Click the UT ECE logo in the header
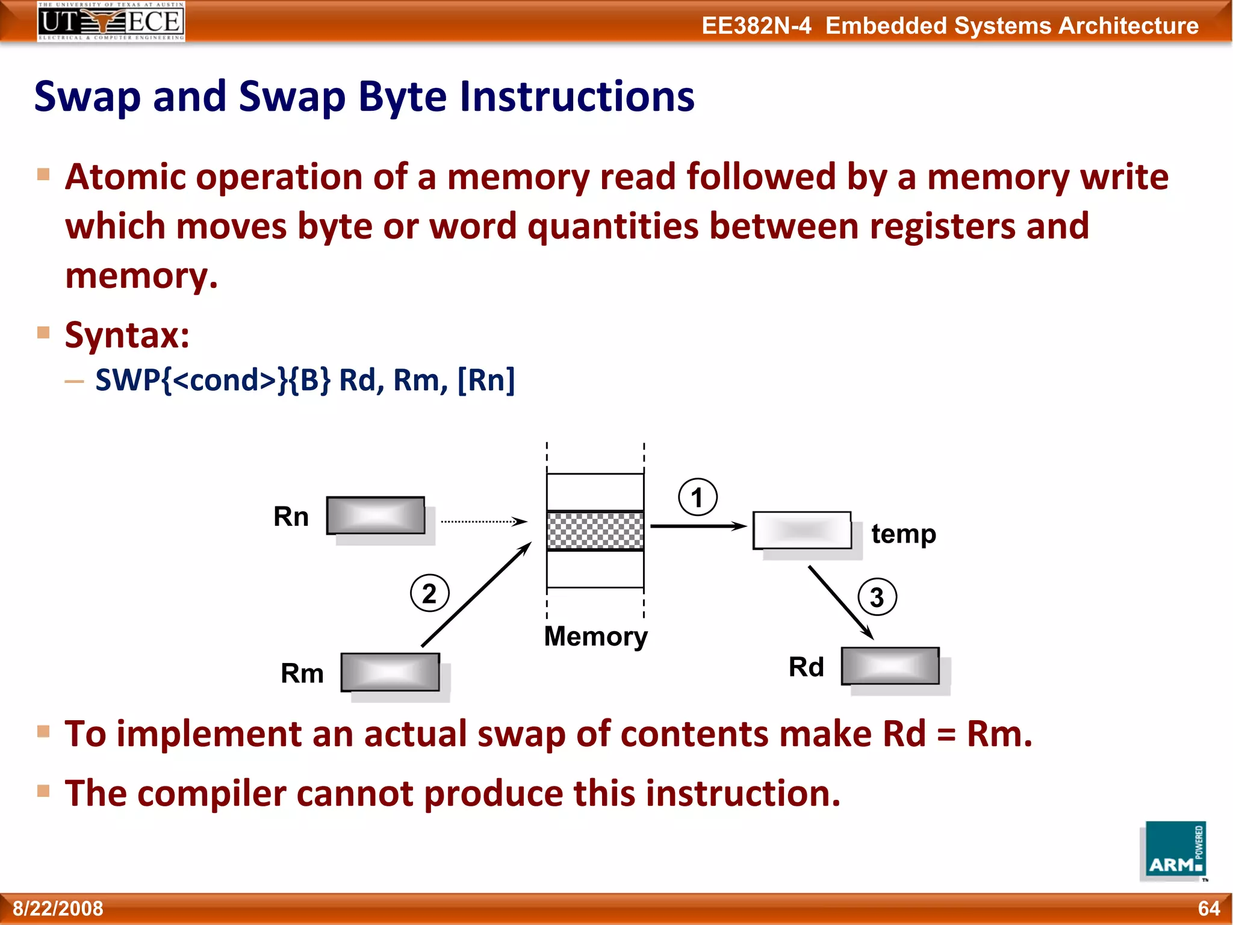click(111, 22)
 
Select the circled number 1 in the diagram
click(697, 497)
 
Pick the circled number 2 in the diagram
click(429, 594)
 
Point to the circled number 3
click(877, 597)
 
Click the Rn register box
click(376, 515)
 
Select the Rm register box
click(390, 672)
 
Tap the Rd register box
click(890, 666)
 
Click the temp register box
click(802, 531)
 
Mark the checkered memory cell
click(595, 531)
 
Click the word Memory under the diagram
click(595, 637)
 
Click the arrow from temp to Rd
click(840, 602)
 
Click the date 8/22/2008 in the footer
click(58, 908)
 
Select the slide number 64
click(1208, 908)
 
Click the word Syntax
click(127, 335)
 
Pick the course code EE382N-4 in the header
click(756, 26)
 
